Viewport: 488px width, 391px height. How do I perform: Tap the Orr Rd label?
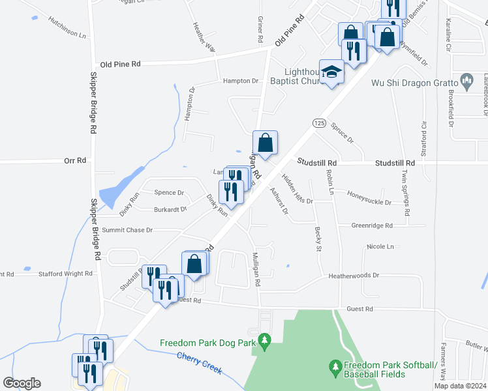pyautogui.click(x=75, y=160)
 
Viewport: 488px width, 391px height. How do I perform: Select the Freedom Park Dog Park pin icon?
pyautogui.click(x=264, y=340)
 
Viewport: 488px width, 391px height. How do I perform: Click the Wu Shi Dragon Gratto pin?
pyautogui.click(x=466, y=81)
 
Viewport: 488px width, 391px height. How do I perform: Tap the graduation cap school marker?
pyautogui.click(x=331, y=72)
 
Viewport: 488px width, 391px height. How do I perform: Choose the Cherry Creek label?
pyautogui.click(x=199, y=363)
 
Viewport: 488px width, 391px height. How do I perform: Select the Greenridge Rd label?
pyautogui.click(x=372, y=225)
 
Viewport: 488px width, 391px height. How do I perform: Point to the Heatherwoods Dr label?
pyautogui.click(x=354, y=276)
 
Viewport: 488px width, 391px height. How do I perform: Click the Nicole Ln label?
pyautogui.click(x=381, y=247)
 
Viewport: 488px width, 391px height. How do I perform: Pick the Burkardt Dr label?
pyautogui.click(x=170, y=210)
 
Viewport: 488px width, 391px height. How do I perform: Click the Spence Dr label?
pyautogui.click(x=169, y=193)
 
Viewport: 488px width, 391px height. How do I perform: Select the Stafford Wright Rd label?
pyautogui.click(x=65, y=274)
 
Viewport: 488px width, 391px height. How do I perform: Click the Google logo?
pyautogui.click(x=22, y=383)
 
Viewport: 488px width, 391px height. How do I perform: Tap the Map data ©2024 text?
pyautogui.click(x=459, y=386)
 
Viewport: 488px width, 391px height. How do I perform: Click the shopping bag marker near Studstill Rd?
pyautogui.click(x=266, y=143)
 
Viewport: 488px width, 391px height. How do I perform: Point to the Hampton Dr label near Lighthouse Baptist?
pyautogui.click(x=241, y=81)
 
